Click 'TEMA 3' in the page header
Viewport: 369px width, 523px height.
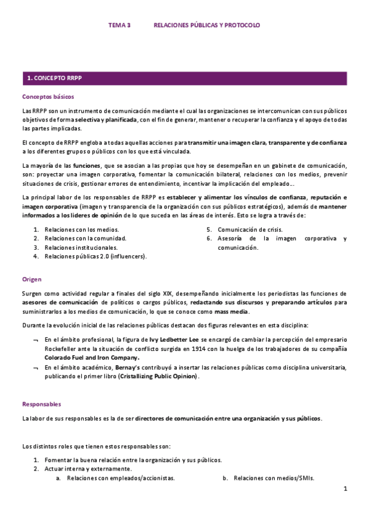tap(120, 25)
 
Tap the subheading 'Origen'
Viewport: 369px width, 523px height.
tap(32, 279)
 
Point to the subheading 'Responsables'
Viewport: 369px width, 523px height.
tap(41, 404)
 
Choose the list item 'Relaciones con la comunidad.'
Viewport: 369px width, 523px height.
tap(85, 238)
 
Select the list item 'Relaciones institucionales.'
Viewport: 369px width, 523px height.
tap(81, 247)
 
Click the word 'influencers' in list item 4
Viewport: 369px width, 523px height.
tap(128, 256)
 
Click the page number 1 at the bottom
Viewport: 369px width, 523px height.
tap(346, 488)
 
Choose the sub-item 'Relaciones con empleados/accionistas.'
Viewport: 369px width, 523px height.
tap(120, 478)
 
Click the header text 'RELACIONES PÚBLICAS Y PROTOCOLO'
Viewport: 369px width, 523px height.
tap(206, 25)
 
